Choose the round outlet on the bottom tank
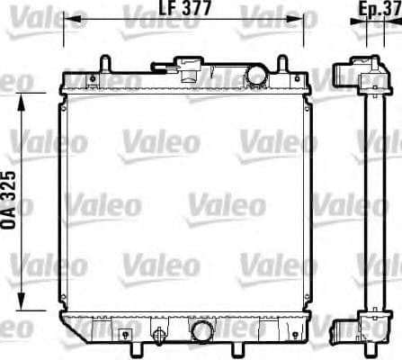click(201, 332)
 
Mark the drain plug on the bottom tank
click(161, 337)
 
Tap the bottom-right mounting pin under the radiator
click(269, 346)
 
